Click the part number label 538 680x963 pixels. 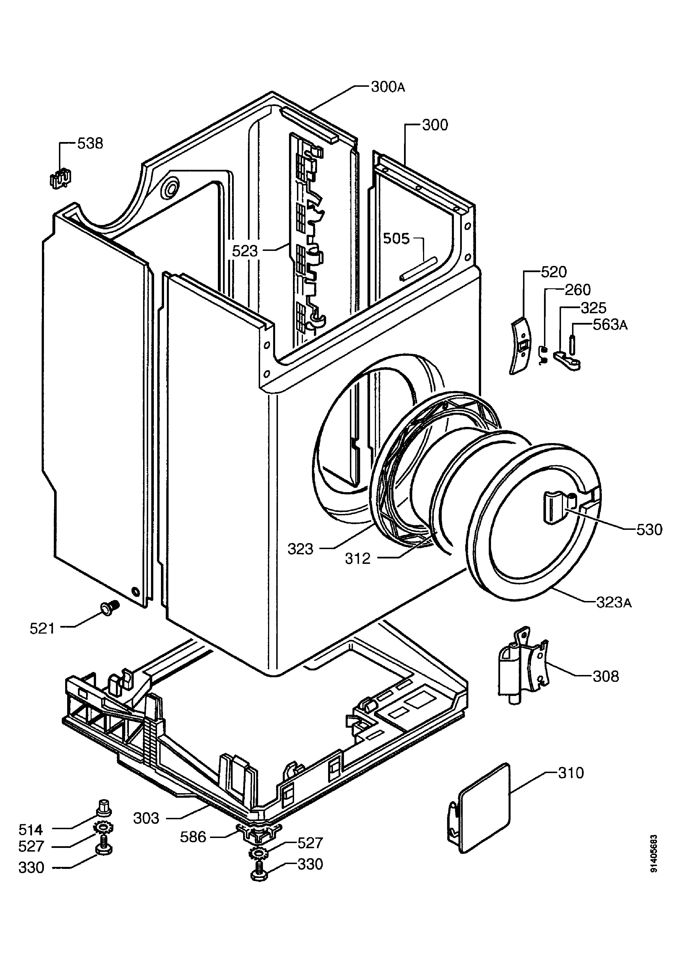pos(90,143)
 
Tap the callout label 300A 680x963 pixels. pos(388,87)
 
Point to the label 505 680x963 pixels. pos(396,239)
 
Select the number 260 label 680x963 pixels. pos(578,290)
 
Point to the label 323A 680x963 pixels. pos(614,603)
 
